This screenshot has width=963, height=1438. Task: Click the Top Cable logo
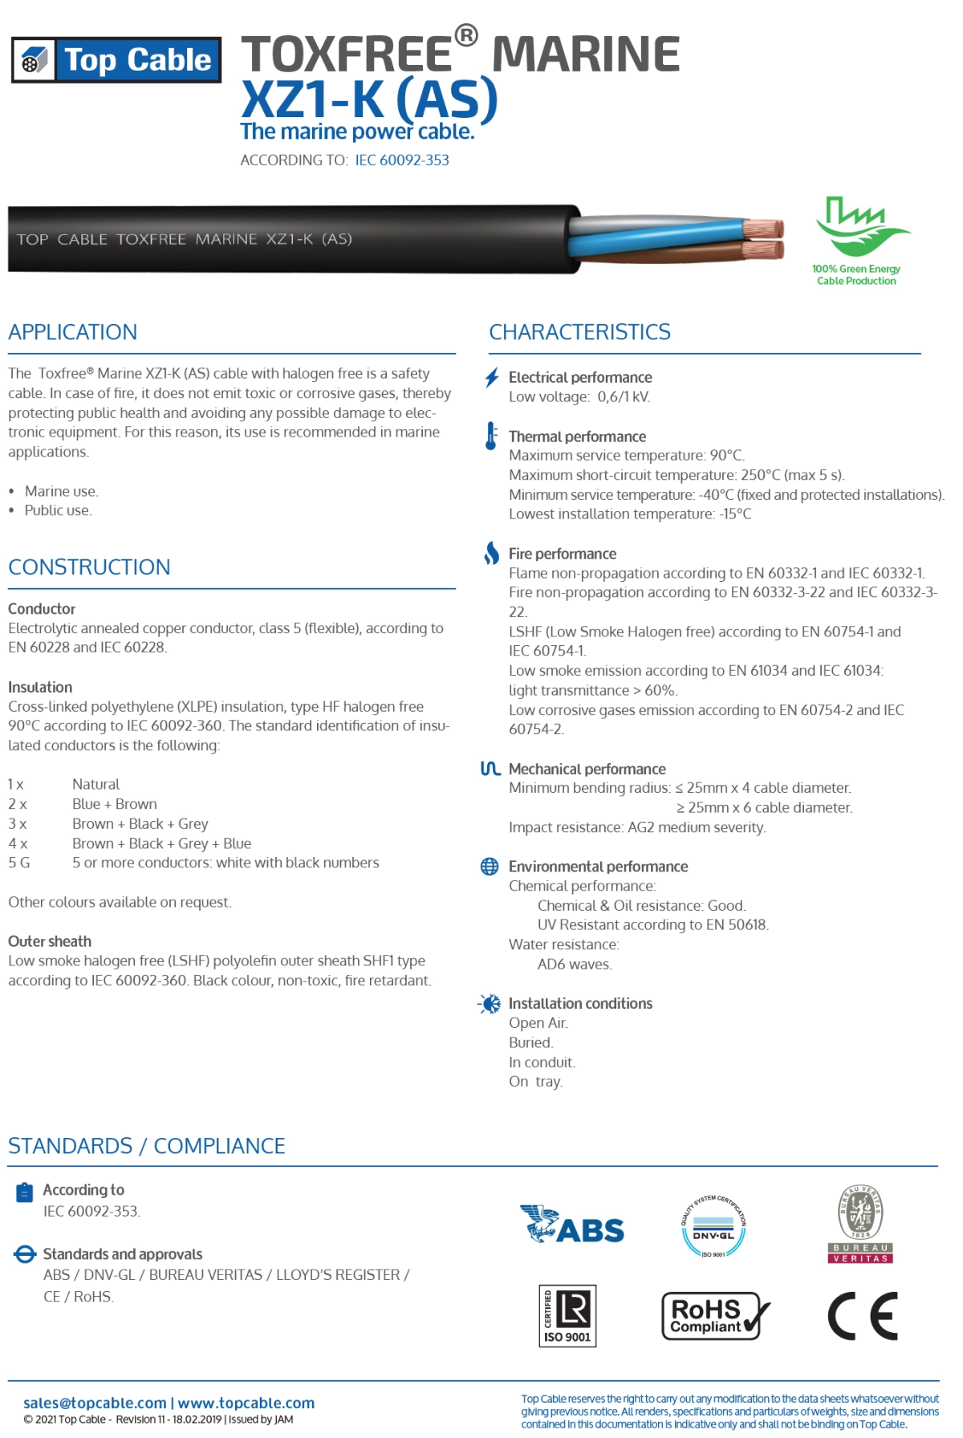[x=116, y=60]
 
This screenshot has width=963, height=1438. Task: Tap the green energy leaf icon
[x=861, y=227]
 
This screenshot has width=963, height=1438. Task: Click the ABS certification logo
[x=572, y=1225]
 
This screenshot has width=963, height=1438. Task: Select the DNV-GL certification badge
[x=713, y=1226]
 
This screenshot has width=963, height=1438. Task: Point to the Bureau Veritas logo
[x=860, y=1225]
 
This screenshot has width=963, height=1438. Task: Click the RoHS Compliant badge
[x=715, y=1315]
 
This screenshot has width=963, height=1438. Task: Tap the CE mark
[x=863, y=1316]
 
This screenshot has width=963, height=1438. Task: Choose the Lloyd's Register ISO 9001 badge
[x=567, y=1315]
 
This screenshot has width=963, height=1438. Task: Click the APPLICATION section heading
[x=73, y=332]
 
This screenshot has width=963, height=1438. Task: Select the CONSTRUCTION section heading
[x=89, y=567]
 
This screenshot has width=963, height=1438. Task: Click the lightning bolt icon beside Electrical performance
[x=492, y=378]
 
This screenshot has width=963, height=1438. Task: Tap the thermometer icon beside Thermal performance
[x=491, y=436]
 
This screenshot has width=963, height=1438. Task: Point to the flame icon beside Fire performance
[x=491, y=553]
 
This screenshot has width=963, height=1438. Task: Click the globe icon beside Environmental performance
[x=490, y=867]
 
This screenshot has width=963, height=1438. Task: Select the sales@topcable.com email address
[x=95, y=1403]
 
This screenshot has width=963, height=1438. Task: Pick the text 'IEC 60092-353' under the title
[x=402, y=160]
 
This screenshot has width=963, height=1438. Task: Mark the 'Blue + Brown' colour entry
[x=115, y=804]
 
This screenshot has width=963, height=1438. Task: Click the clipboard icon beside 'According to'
[x=25, y=1192]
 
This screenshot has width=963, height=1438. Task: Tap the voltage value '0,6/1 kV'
[x=624, y=397]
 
